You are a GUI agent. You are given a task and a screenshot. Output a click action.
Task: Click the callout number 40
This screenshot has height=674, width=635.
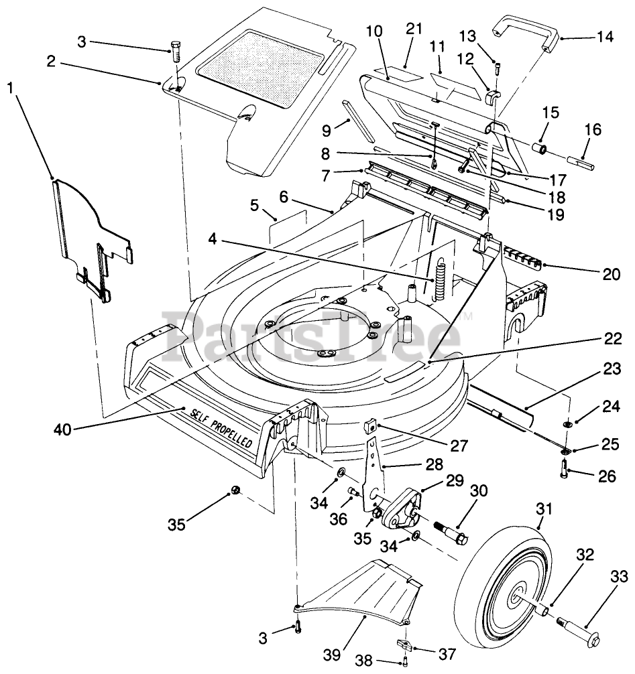coord(63,429)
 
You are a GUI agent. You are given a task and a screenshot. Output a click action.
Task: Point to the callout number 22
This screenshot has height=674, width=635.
coord(613,339)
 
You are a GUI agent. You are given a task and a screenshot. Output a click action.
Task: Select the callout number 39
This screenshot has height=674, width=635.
coord(332,655)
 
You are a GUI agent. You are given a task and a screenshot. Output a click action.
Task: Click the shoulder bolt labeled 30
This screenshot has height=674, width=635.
coord(451,531)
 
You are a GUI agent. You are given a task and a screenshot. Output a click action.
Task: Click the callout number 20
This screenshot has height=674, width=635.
coord(612,274)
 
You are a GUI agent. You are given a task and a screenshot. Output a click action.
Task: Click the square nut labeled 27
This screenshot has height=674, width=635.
coord(371,427)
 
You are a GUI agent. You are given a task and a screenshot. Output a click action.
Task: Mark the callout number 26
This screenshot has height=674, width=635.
coord(607,476)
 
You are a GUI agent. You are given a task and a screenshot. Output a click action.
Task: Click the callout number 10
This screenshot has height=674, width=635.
coord(374,31)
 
